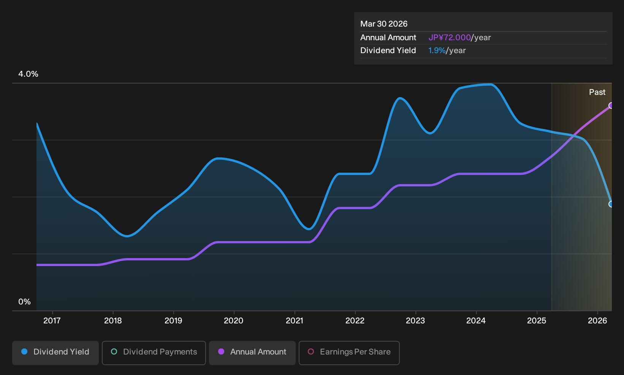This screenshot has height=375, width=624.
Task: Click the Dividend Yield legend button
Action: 55,353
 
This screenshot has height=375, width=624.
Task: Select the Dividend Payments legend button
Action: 154,353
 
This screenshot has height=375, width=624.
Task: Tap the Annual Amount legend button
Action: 252,353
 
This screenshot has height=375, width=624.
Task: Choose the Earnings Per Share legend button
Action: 349,353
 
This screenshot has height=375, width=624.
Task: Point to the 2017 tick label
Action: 52,321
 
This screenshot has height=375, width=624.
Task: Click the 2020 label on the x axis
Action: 234,321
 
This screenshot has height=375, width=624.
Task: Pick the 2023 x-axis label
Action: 415,321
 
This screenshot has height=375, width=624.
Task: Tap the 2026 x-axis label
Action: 597,321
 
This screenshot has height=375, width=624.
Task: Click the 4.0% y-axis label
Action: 28,74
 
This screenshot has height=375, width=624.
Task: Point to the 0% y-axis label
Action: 25,302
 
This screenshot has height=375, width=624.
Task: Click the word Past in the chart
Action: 597,92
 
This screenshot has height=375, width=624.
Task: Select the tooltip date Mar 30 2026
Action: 384,24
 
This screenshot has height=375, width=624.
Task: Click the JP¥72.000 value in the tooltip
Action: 450,38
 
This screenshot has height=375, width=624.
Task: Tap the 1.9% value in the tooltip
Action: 437,50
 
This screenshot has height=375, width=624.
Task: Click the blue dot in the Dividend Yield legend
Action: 25,351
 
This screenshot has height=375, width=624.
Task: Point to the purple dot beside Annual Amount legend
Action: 221,351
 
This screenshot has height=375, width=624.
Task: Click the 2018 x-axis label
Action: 113,321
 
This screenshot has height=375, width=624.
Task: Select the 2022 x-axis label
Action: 355,321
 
